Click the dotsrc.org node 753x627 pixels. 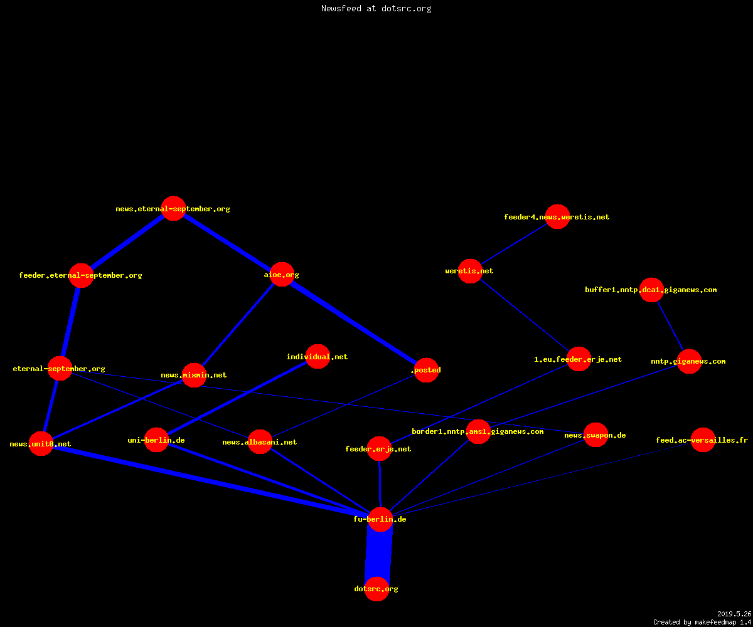(x=376, y=589)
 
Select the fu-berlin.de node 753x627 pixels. (x=380, y=519)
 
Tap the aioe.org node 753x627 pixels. (x=282, y=274)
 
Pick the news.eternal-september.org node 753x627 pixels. (x=173, y=208)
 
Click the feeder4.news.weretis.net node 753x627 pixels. (x=558, y=216)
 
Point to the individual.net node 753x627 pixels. (x=318, y=356)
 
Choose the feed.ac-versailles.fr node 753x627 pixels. (x=703, y=440)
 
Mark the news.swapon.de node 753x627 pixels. (x=595, y=435)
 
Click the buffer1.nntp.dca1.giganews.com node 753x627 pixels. (x=652, y=290)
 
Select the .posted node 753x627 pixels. (x=426, y=370)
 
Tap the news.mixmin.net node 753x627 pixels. (x=194, y=375)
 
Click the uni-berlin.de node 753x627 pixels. (x=156, y=440)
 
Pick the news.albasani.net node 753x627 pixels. (x=260, y=442)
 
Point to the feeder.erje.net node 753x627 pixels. (x=380, y=449)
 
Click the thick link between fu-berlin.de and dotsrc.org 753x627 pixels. (x=378, y=554)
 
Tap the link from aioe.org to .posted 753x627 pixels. (x=354, y=322)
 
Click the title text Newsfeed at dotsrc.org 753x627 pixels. (x=376, y=8)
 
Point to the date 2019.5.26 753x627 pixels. (x=734, y=614)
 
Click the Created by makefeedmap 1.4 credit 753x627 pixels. (x=702, y=622)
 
